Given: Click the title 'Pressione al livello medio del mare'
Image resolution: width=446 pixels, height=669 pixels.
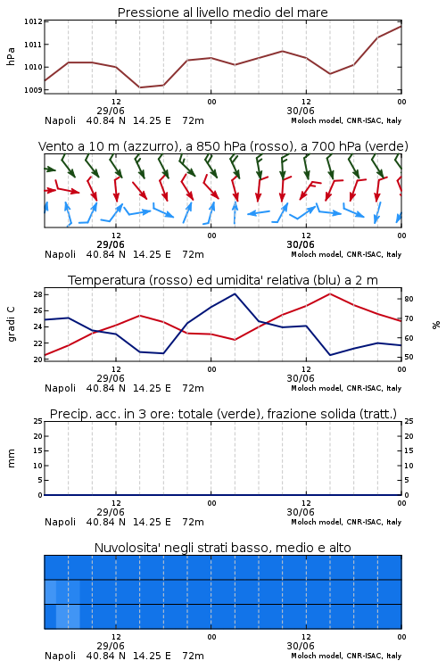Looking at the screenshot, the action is tap(222, 12).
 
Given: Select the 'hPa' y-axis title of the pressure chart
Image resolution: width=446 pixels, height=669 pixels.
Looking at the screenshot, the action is tap(11, 56).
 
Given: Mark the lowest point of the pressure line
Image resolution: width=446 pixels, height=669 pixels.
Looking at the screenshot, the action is tap(139, 87).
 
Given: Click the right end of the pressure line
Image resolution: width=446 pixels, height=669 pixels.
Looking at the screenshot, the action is tap(401, 27).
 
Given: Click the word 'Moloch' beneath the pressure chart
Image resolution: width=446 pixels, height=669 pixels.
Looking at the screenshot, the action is tap(305, 120).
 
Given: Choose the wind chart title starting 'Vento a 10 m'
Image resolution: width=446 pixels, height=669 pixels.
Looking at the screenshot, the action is tap(223, 146).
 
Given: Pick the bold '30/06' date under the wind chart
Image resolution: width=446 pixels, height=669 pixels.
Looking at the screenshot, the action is tap(301, 245).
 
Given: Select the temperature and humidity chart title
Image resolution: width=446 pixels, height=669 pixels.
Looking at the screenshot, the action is tap(223, 280).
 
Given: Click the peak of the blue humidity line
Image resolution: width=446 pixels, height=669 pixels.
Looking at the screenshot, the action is tap(235, 293).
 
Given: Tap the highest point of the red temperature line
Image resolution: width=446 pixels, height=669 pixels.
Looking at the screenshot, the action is tap(329, 293).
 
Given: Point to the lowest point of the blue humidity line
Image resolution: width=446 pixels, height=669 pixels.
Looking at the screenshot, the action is tap(330, 355).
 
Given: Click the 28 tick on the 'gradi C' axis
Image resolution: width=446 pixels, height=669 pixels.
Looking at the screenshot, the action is tap(37, 294).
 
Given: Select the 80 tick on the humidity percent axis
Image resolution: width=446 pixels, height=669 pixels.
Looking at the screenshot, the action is tap(409, 299).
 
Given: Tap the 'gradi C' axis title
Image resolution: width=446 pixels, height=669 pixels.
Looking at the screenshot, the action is tap(11, 325).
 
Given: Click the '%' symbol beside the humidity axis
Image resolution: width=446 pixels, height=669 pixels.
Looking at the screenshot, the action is tap(436, 325).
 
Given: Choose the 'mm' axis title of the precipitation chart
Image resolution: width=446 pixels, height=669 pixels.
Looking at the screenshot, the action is tap(11, 458).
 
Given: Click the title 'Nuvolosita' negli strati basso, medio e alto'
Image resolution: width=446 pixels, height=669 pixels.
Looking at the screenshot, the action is tap(223, 548).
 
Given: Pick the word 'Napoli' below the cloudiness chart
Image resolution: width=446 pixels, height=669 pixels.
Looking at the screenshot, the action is tap(60, 656).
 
